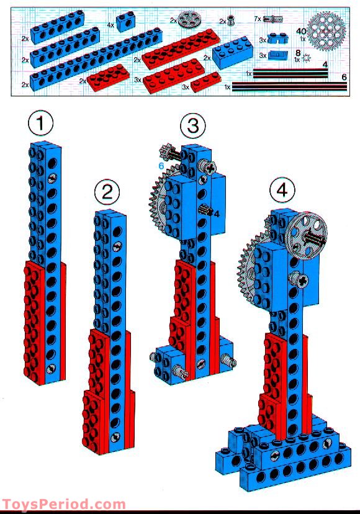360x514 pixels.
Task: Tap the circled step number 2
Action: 107,192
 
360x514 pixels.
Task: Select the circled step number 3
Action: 192,126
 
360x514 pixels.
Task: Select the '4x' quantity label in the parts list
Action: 110,25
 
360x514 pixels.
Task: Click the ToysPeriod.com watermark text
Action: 63,504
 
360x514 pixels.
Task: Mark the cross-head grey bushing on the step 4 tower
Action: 301,281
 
